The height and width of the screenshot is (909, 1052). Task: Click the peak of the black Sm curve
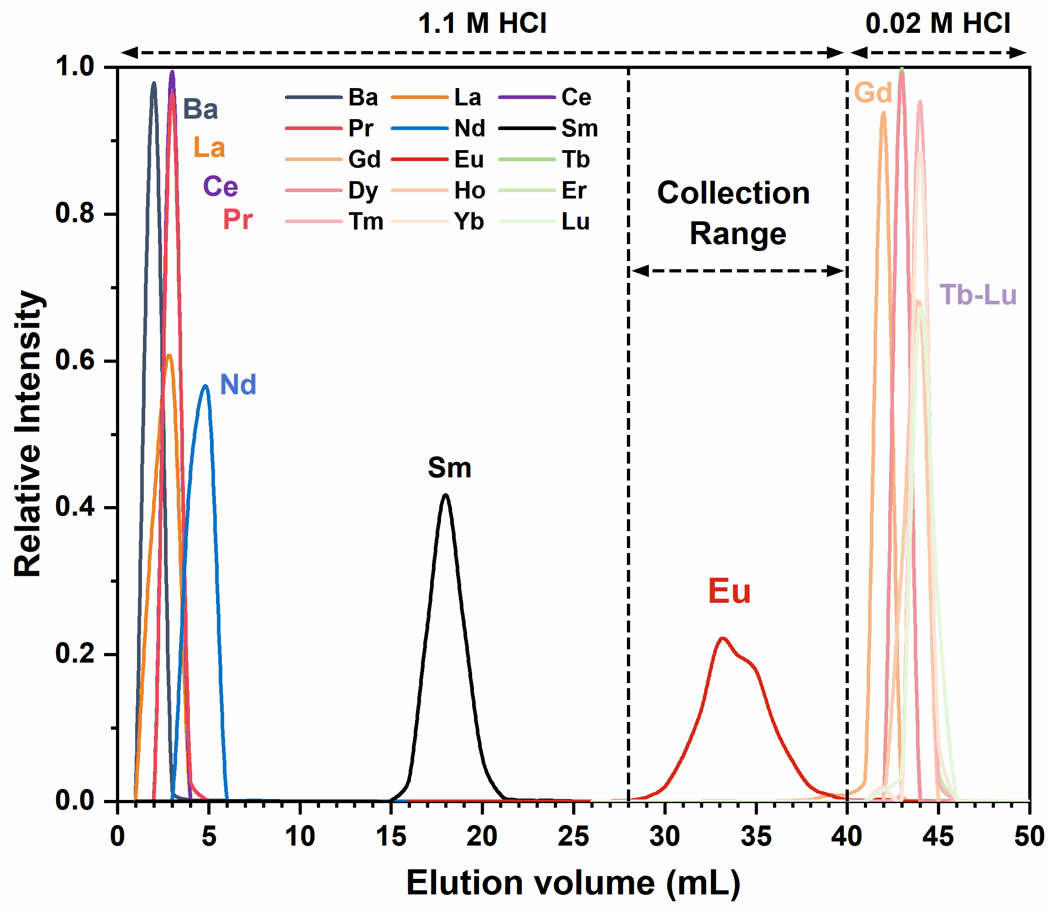445,495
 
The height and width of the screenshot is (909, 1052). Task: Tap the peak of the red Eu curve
722,638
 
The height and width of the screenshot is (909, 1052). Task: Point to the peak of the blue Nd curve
205,386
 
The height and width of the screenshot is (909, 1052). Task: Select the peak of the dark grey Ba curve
154,83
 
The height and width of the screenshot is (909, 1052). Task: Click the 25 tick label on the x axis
573,836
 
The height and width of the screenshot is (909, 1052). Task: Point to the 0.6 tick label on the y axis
75,360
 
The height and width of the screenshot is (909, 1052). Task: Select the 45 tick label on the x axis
938,836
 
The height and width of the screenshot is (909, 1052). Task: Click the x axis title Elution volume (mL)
573,883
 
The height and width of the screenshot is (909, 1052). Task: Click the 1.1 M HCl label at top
482,23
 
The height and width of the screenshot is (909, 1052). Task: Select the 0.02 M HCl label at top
938,23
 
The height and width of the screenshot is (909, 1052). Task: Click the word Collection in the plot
733,193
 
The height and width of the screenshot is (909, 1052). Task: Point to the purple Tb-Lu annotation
978,295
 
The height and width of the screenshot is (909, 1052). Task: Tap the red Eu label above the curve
729,591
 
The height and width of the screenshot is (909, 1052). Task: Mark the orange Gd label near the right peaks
873,93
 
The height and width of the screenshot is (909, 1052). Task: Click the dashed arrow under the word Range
737,271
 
